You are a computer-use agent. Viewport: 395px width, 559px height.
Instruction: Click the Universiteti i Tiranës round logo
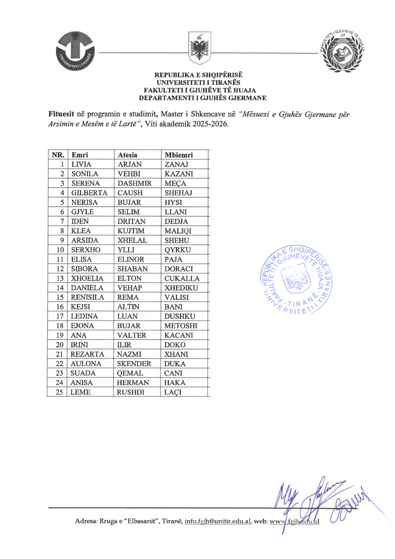(x=75, y=51)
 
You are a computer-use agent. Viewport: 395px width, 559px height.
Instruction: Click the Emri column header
(x=80, y=155)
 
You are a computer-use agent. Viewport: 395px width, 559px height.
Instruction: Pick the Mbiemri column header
(x=179, y=155)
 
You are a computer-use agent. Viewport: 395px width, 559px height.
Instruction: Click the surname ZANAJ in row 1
(x=176, y=164)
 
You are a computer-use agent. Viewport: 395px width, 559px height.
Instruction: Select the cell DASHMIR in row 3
(x=134, y=183)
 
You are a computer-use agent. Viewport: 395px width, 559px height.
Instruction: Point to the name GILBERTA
(x=89, y=193)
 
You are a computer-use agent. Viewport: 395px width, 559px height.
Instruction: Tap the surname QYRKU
(x=178, y=250)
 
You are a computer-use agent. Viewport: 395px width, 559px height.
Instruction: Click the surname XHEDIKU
(x=181, y=288)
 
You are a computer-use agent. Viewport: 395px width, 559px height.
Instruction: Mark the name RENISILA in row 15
(x=87, y=297)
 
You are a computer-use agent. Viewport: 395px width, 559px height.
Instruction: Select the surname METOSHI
(x=181, y=326)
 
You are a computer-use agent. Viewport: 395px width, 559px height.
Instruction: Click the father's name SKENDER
(x=134, y=364)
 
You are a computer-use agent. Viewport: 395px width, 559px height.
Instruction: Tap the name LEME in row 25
(x=80, y=392)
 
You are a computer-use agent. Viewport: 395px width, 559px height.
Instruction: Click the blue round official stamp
(x=296, y=279)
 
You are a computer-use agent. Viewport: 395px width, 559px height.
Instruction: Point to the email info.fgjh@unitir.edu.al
(x=217, y=521)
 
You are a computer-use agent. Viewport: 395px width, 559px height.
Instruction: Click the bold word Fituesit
(x=61, y=114)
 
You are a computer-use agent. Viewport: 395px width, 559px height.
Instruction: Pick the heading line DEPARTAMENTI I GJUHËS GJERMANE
(x=202, y=98)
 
